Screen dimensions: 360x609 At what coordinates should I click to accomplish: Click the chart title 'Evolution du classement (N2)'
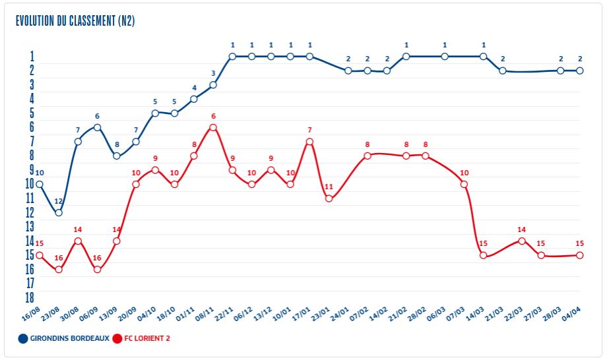75,21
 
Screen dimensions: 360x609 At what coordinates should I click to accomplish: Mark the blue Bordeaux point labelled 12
59,212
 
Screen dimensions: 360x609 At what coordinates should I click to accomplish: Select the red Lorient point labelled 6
213,127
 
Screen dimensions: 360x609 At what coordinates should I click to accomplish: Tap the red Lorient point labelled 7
309,142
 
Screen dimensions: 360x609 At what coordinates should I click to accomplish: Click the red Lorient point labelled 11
329,198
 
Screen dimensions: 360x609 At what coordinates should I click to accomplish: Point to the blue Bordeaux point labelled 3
213,85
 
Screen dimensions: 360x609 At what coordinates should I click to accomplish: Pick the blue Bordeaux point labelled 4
194,99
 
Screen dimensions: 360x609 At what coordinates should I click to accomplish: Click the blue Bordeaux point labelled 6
97,127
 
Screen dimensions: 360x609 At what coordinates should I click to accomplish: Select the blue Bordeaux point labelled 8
117,156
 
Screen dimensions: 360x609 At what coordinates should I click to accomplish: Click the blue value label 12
59,201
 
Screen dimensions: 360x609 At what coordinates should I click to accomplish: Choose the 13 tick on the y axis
30,226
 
